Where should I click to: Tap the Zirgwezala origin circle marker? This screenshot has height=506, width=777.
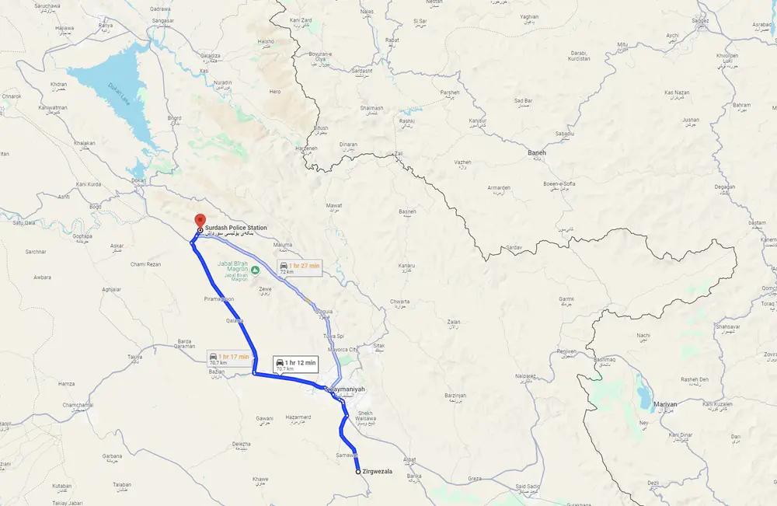point(358,472)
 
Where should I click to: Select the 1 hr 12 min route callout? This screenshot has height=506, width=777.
point(294,363)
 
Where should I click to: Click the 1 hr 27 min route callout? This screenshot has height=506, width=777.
point(298,267)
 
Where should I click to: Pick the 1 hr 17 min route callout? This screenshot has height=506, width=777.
point(229,358)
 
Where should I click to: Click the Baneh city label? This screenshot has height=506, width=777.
point(537,153)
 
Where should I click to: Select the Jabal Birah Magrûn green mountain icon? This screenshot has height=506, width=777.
point(244,269)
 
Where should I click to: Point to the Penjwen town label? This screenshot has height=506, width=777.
point(567,351)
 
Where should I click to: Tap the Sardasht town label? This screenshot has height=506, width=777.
point(363,71)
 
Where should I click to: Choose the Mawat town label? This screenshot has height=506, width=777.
point(333,205)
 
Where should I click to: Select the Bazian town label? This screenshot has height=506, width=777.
point(216,372)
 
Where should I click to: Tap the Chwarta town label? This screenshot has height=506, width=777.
point(399,301)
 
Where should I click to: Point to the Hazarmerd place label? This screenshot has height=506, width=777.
point(298,417)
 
